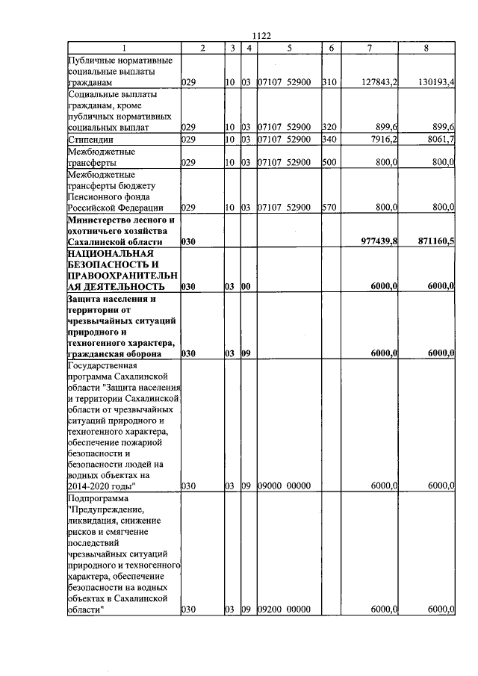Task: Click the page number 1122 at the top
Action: point(261,36)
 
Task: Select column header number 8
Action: point(426,48)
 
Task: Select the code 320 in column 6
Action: point(329,128)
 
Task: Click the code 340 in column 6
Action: point(329,139)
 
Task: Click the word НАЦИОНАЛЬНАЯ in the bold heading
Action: point(105,255)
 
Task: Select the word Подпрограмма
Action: point(98,498)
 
